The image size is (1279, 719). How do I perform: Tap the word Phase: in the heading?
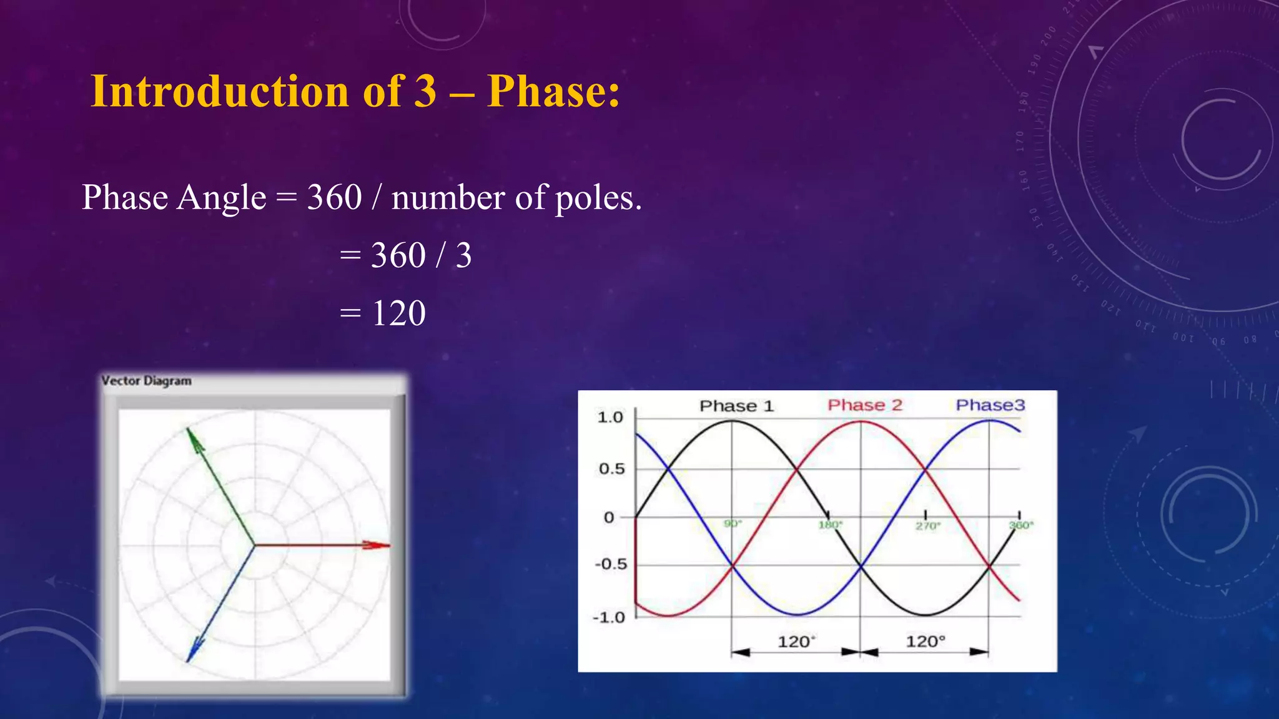point(553,91)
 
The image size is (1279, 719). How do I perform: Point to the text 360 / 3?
point(421,255)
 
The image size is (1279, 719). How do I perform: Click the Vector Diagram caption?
point(146,381)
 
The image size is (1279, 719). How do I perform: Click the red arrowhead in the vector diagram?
point(377,545)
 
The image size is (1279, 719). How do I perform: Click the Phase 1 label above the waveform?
point(736,406)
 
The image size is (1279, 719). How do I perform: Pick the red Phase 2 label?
point(865,405)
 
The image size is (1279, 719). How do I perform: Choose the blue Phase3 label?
point(990,405)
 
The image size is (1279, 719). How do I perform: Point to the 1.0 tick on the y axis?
point(610,418)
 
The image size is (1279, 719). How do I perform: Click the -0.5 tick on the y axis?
point(610,564)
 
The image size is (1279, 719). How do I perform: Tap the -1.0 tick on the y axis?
point(609,618)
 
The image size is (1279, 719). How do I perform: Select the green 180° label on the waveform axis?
point(831,525)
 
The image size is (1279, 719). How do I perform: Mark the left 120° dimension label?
point(796,642)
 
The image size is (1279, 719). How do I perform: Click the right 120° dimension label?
point(926,642)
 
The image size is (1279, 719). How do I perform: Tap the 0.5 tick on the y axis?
point(611,469)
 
